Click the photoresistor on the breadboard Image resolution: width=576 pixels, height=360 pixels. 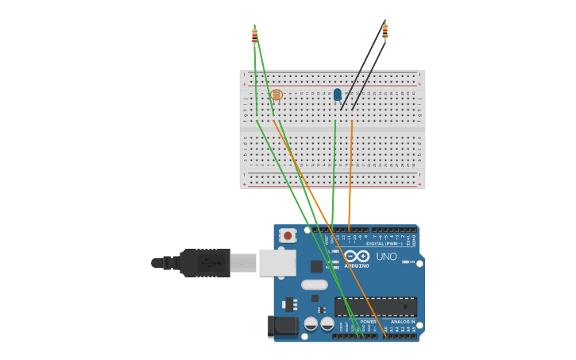[x=276, y=95]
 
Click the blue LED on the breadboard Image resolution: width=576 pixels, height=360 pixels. [x=338, y=95]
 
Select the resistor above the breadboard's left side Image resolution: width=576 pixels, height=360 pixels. [x=254, y=35]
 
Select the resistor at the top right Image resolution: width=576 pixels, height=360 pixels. [x=385, y=32]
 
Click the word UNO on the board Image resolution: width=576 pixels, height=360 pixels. [x=386, y=257]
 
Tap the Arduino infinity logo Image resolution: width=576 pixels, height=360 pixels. [x=357, y=256]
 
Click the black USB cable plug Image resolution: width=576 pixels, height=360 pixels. [x=204, y=262]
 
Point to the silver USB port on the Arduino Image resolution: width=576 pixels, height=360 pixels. [x=277, y=262]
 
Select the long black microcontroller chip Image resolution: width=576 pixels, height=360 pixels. [x=375, y=307]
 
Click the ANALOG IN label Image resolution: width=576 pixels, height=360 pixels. [x=401, y=321]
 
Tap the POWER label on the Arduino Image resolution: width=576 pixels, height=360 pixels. [x=357, y=321]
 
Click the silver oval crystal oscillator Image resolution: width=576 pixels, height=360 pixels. [x=315, y=285]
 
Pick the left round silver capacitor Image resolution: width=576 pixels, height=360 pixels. [x=311, y=323]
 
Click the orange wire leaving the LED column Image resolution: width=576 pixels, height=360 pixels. [x=350, y=175]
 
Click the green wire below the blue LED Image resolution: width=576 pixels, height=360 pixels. [x=334, y=175]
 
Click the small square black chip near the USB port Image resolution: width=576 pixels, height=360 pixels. [x=316, y=266]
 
